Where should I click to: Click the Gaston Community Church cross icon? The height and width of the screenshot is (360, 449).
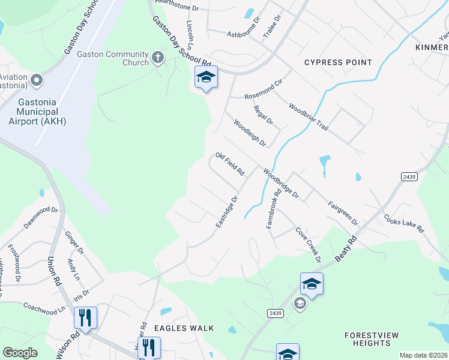[158, 58]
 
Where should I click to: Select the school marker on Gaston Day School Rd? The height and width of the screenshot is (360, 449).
[206, 77]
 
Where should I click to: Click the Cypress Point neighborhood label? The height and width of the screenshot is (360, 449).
[338, 62]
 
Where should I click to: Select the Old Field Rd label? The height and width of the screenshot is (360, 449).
[230, 164]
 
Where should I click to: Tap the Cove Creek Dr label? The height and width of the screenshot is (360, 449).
[308, 244]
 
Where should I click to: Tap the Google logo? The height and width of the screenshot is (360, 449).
[20, 353]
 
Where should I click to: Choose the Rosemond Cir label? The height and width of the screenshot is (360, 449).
[263, 91]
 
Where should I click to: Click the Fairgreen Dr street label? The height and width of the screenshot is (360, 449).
[343, 213]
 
